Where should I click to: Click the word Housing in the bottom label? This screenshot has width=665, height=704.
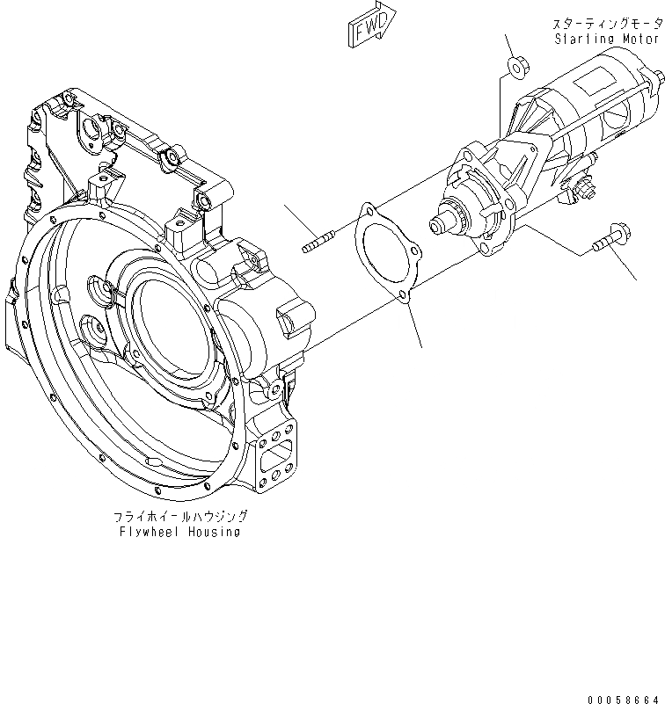coord(214,533)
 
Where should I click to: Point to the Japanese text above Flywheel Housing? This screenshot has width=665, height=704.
coord(179,518)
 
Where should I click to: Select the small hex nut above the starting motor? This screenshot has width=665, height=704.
coord(517,66)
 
